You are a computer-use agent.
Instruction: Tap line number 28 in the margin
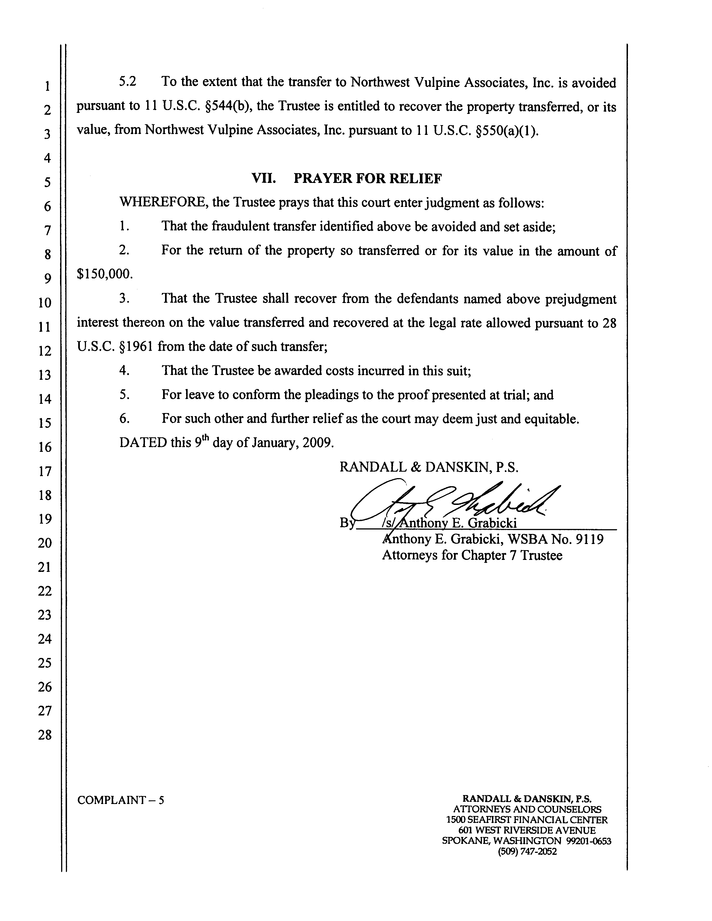click(x=45, y=735)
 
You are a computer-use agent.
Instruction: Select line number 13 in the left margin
click(x=45, y=375)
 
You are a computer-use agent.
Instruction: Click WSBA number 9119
click(x=589, y=539)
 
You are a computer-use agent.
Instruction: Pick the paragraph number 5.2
click(x=128, y=82)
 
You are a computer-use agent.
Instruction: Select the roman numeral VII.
click(x=264, y=179)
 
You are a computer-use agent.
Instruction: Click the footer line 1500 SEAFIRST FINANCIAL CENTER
click(x=527, y=820)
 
